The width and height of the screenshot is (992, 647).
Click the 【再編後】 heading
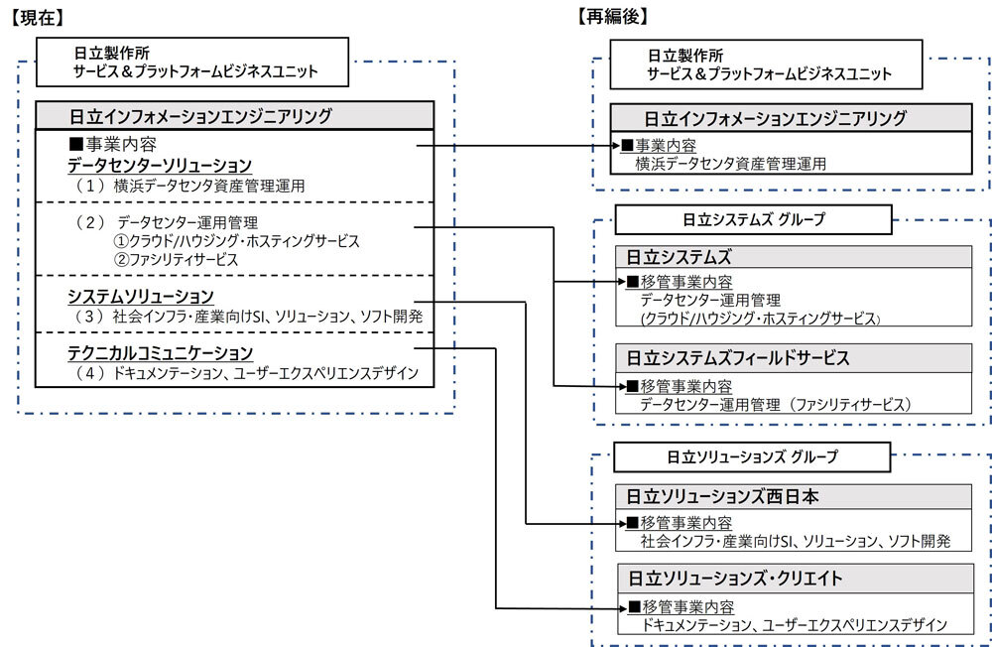(x=612, y=16)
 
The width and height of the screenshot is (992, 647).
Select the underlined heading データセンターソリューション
(x=160, y=165)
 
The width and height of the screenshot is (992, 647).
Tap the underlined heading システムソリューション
(x=141, y=296)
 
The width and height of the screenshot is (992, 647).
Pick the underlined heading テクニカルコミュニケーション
(x=161, y=352)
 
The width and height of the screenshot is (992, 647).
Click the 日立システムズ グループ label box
(x=755, y=219)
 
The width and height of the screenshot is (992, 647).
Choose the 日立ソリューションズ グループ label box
(x=752, y=456)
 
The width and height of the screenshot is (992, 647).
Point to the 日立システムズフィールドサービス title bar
(x=791, y=357)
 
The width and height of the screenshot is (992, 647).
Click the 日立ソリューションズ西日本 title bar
(x=791, y=496)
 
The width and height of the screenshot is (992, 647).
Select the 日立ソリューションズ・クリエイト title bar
(x=791, y=578)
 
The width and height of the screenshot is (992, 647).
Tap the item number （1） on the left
(x=91, y=186)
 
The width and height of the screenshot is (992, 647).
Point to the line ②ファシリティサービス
(x=177, y=259)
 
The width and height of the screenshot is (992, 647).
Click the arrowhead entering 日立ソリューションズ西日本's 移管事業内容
(x=621, y=523)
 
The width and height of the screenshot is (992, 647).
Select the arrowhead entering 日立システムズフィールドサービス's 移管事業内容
(x=621, y=385)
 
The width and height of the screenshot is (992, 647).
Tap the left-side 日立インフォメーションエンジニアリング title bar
(x=234, y=115)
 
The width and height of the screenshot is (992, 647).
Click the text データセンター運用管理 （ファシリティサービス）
(x=775, y=404)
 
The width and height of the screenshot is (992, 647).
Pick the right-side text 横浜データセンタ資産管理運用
(x=731, y=164)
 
